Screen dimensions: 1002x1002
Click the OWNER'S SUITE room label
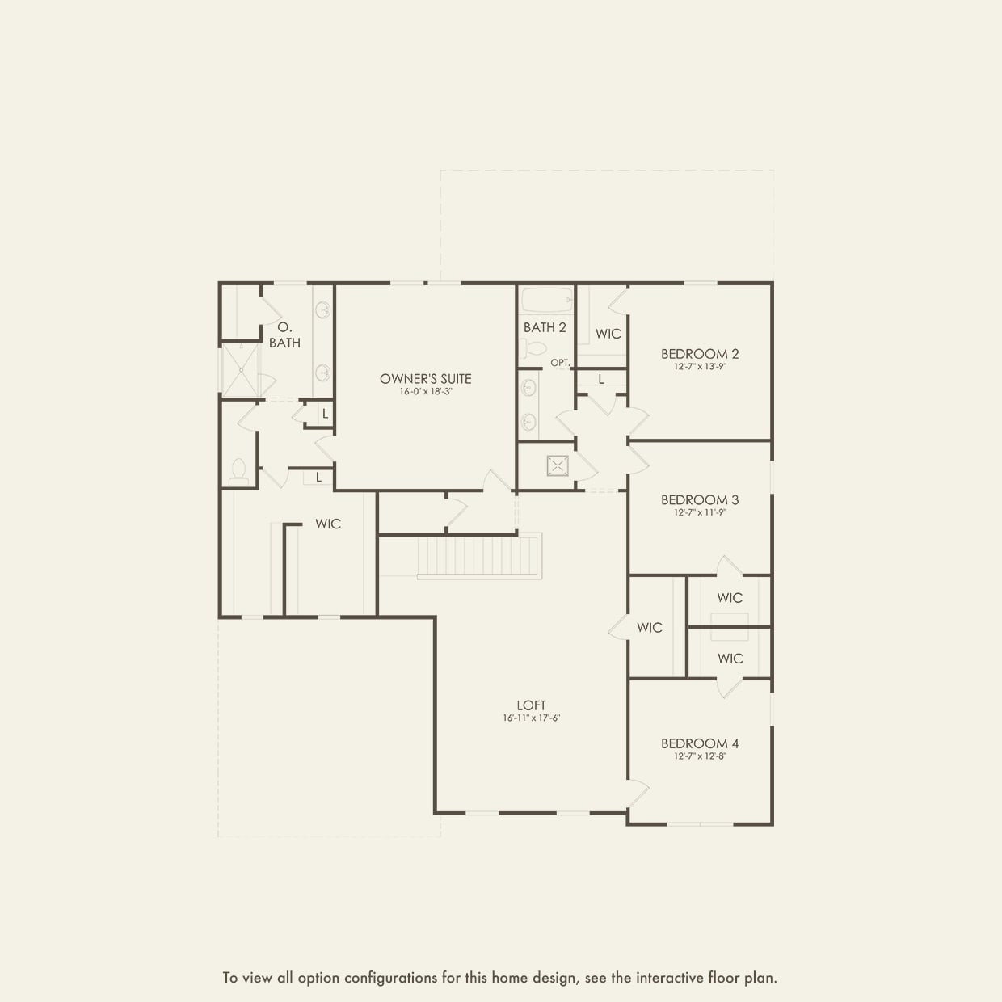click(425, 378)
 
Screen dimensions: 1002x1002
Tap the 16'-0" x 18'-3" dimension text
click(425, 392)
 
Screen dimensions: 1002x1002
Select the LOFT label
click(531, 705)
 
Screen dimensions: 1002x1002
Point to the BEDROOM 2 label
click(700, 353)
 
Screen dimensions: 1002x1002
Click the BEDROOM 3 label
click(700, 499)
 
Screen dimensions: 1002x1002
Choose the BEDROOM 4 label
click(700, 743)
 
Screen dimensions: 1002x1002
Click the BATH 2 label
click(545, 327)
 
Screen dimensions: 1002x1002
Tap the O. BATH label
click(284, 335)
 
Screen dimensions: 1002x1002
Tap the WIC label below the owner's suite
click(328, 524)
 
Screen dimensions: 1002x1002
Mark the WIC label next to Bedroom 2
click(608, 334)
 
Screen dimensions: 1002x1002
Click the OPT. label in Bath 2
click(560, 363)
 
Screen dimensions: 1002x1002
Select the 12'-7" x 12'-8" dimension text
click(700, 756)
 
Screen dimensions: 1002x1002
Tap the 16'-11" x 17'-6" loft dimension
click(531, 718)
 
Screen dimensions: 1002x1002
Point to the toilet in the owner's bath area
click(238, 471)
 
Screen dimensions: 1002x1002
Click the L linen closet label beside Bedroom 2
click(601, 379)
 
